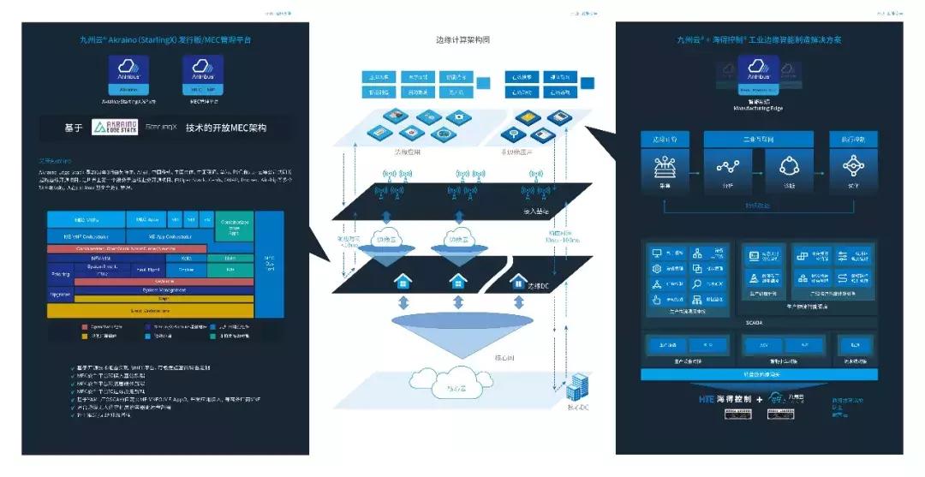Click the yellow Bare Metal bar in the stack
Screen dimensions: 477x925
[150, 310]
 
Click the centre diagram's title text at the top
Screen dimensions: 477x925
[462, 40]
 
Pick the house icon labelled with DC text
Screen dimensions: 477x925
[518, 282]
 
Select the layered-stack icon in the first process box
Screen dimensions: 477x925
[665, 165]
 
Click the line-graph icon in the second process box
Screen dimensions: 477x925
[729, 165]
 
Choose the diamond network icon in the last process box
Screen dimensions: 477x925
[853, 165]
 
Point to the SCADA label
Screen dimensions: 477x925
[755, 323]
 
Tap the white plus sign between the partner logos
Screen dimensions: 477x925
[759, 399]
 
